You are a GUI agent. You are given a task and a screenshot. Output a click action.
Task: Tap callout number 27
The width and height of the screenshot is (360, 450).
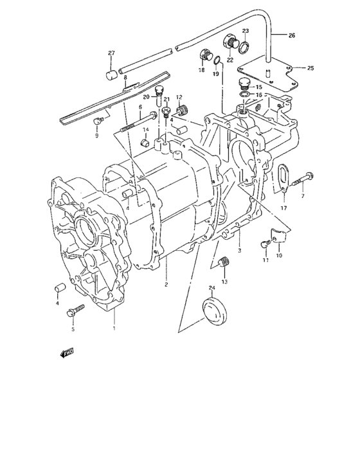111,53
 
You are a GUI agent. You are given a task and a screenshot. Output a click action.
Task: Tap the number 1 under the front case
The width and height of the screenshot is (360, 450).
114,328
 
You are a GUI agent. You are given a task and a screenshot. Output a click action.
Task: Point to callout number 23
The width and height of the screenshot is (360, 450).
245,31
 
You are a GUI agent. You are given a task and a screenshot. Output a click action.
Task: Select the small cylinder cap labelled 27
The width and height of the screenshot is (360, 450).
112,75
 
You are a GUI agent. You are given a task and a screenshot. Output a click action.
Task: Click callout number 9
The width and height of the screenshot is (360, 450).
97,136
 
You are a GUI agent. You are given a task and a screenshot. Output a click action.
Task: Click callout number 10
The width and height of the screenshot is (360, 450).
279,255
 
